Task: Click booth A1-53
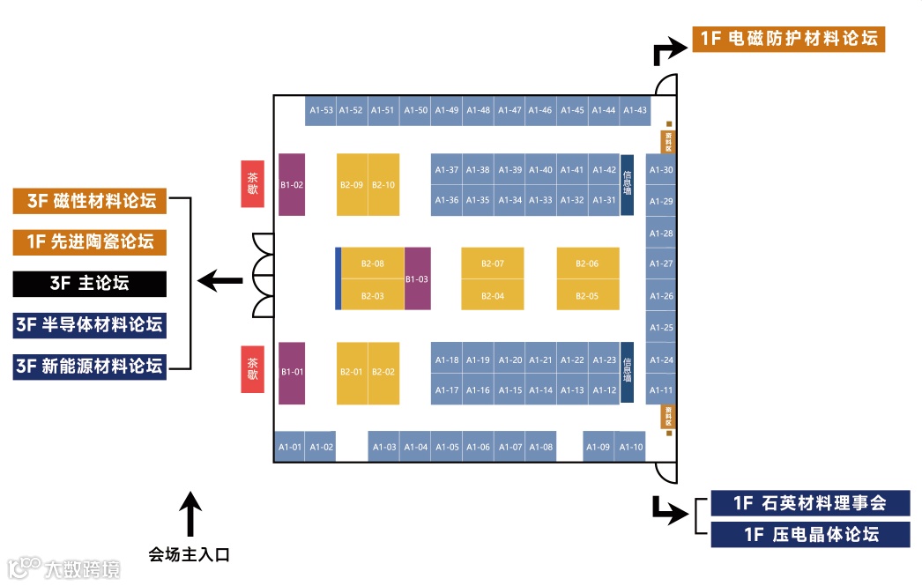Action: tap(321, 110)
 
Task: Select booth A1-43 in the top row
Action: tap(635, 110)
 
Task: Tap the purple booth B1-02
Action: tap(292, 184)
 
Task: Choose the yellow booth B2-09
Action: tap(352, 184)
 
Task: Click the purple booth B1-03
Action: tap(417, 278)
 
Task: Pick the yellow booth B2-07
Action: tap(493, 263)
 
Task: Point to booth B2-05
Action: tap(587, 295)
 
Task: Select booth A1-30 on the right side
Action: tap(661, 170)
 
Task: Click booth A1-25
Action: tap(661, 328)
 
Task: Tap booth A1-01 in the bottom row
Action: tap(290, 447)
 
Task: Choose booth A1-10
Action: tap(631, 447)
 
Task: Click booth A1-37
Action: tap(447, 170)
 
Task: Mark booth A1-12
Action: tap(605, 389)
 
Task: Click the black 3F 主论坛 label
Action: tap(89, 283)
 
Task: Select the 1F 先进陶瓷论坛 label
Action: tap(89, 241)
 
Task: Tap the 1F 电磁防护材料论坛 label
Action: tap(788, 39)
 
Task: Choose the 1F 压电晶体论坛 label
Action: tap(809, 534)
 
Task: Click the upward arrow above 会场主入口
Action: tap(190, 514)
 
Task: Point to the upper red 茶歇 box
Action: tap(253, 183)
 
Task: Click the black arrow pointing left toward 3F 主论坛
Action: tap(219, 281)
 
